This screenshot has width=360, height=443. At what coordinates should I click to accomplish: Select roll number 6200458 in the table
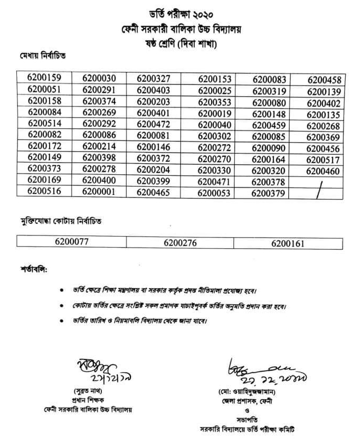(324, 80)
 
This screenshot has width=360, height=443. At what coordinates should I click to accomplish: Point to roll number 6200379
(269, 193)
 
